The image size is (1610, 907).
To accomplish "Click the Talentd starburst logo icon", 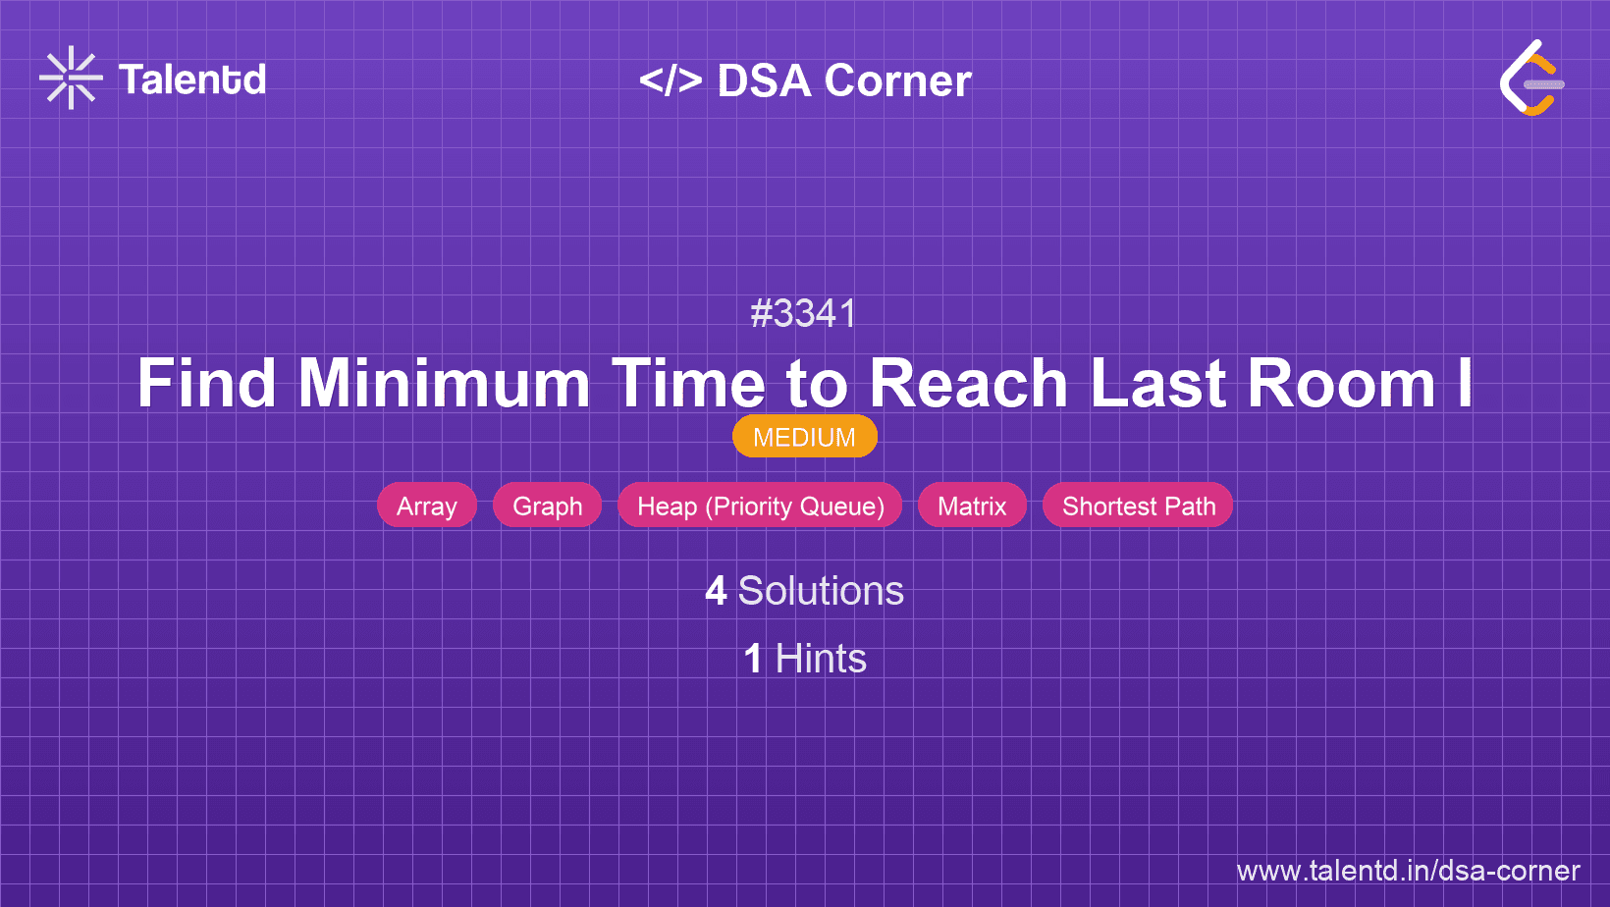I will pos(71,78).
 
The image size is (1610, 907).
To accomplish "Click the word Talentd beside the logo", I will pos(192,80).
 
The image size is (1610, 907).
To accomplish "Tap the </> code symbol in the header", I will pos(671,80).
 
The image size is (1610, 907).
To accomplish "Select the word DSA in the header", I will pos(764,80).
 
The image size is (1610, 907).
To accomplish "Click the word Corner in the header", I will pos(898,80).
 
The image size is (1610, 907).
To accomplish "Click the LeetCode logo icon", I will pos(1531,78).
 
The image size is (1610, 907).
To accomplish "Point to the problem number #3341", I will pos(804,314).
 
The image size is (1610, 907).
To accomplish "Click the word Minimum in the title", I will pos(444,383).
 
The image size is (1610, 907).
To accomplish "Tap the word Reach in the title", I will pos(968,383).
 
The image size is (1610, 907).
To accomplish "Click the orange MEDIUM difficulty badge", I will pos(804,437).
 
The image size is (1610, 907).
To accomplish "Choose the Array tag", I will pos(427,506).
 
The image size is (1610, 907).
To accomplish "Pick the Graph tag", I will pos(547,506).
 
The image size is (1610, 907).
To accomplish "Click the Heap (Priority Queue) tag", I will pos(760,506).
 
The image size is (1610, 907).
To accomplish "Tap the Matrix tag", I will pos(972,506).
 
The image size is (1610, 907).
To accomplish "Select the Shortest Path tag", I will pos(1138,506).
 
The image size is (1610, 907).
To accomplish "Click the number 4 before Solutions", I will pos(716,591).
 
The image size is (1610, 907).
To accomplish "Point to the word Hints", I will pos(821,659).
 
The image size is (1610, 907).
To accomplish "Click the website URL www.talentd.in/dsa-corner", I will pos(1408,871).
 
